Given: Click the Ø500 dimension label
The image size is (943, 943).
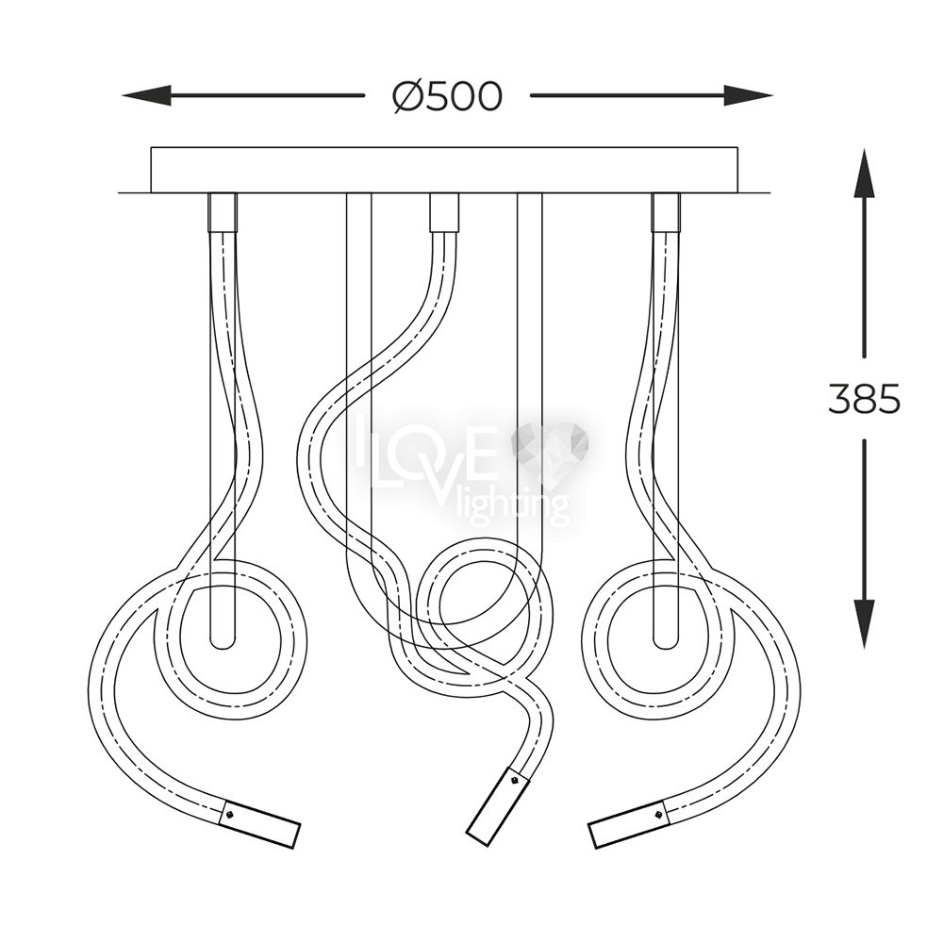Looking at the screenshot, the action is coord(446,96).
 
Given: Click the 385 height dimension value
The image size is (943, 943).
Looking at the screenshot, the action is coord(864,398).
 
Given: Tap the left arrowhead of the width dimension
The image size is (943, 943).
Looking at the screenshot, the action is coord(146,95).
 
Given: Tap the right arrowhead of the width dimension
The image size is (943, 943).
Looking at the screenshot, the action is coord(748,95).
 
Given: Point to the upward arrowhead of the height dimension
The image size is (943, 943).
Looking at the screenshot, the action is coord(864,174).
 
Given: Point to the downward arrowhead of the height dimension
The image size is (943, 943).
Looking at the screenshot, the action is coord(864,623).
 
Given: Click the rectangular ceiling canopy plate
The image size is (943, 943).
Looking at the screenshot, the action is coord(444,170).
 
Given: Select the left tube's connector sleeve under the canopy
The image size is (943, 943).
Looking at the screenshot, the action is coord(223,212).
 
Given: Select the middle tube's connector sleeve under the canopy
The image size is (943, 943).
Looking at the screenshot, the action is coord(444,212).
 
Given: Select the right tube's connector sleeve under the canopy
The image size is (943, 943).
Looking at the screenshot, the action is coord(666,212).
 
